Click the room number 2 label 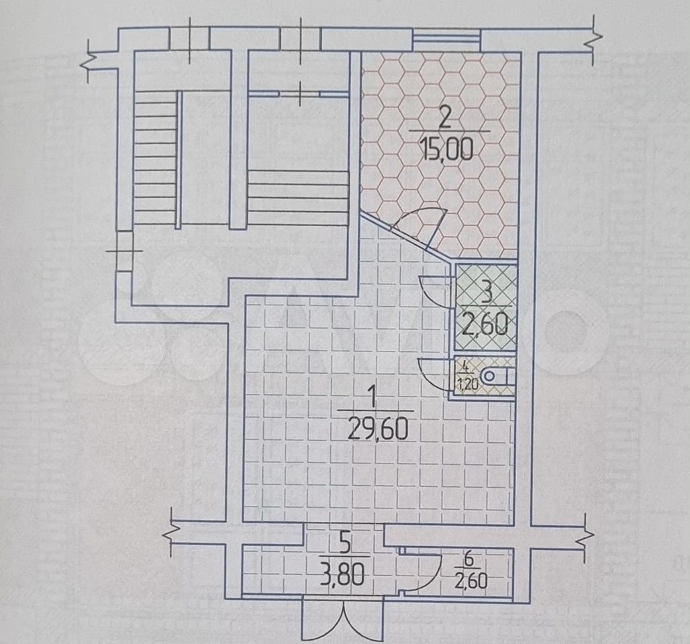tap(445, 118)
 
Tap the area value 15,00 tap(446, 149)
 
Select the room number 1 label tap(373, 398)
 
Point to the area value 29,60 tap(378, 429)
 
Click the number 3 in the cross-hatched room tap(487, 294)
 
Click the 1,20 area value tap(469, 384)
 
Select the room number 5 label tap(346, 545)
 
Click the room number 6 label tap(470, 560)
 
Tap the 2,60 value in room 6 tap(471, 582)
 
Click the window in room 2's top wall tap(446, 40)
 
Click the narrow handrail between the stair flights tap(179, 160)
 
